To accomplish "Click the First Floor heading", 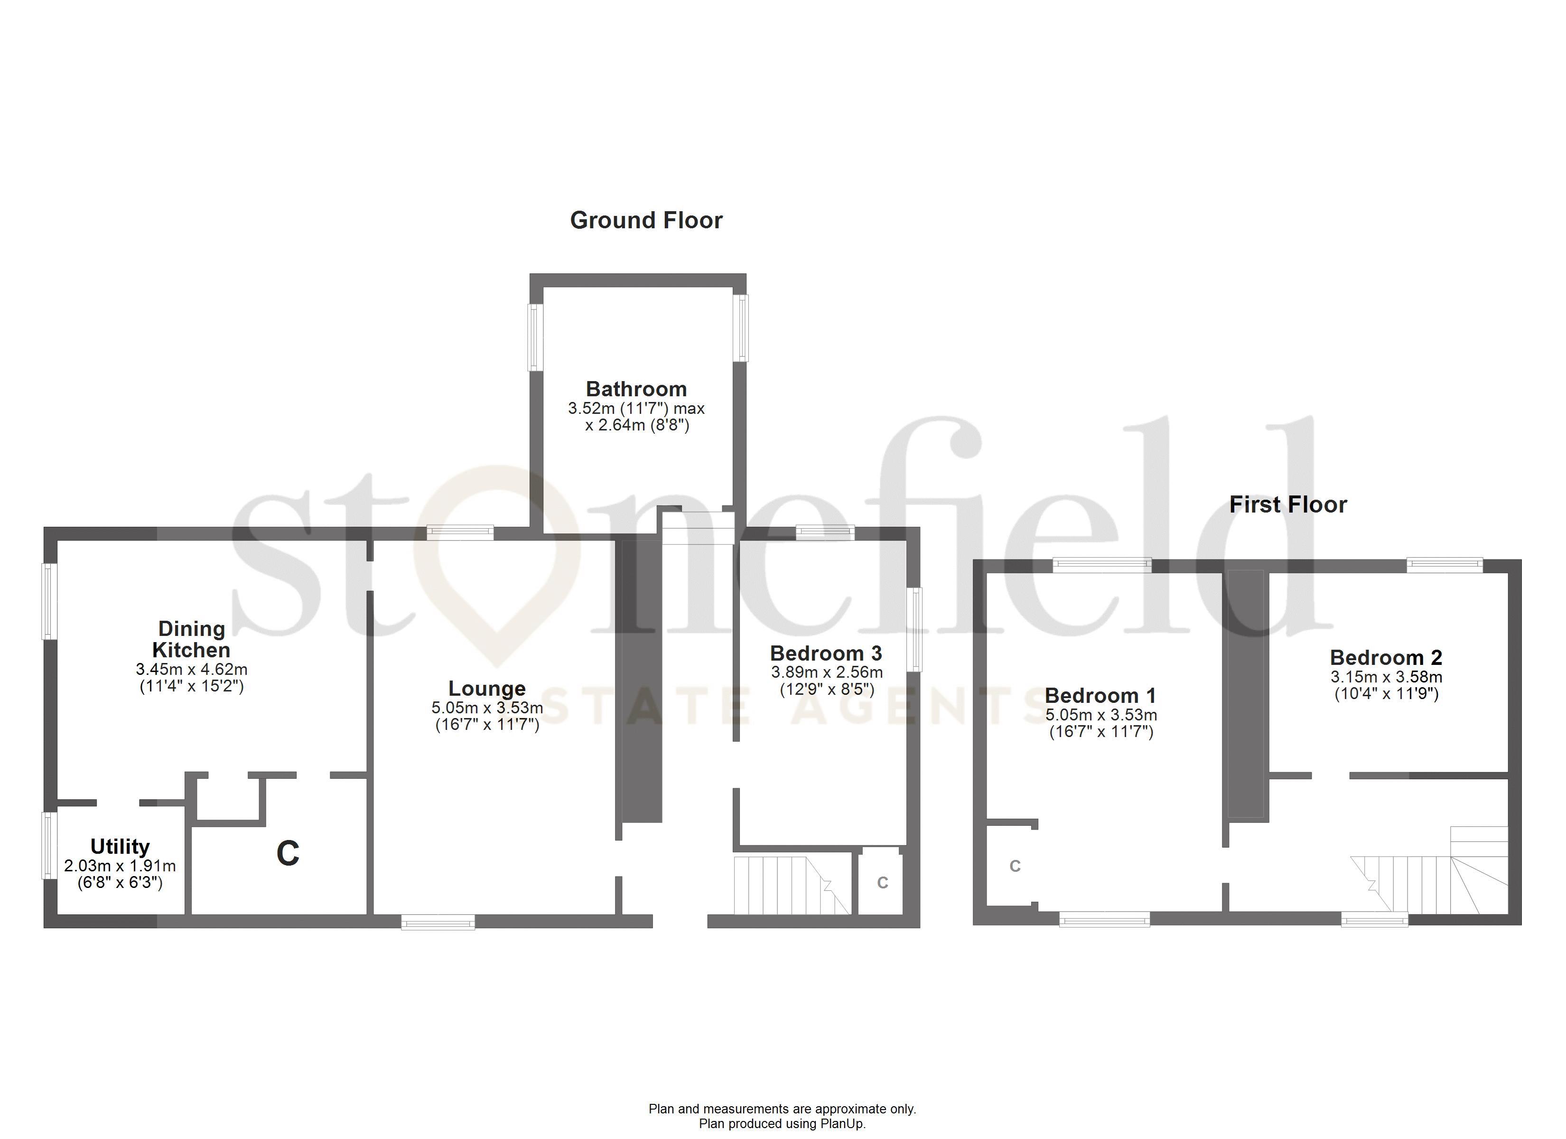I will [1288, 505].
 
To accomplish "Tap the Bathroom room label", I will [636, 389].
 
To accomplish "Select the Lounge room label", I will [487, 689].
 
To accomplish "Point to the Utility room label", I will [120, 846].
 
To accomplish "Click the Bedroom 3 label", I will [826, 654].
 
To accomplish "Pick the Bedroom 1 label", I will [1100, 696].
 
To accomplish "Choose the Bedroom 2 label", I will [1386, 658].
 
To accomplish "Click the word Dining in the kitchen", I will [191, 628].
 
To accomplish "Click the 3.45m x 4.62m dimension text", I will [191, 669].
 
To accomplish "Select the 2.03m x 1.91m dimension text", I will [120, 866].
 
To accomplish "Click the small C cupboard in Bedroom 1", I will [1014, 866].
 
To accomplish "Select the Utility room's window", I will [48, 845].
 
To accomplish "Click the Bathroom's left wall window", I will [536, 337].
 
